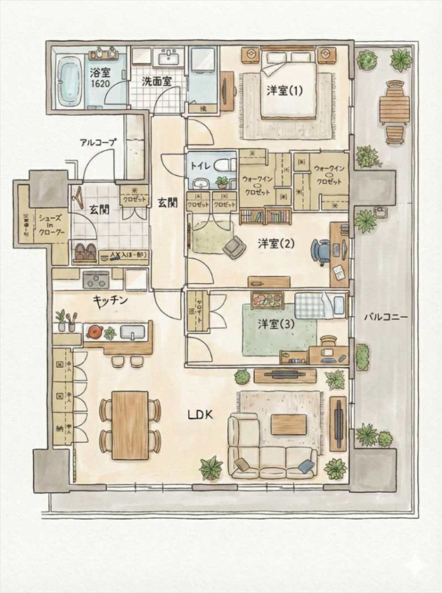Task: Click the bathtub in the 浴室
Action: click(x=71, y=83)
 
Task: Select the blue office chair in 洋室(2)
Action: click(x=320, y=250)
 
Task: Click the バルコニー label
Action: click(x=386, y=317)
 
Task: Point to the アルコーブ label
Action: click(x=98, y=142)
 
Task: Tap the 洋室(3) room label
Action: click(x=272, y=325)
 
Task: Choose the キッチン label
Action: click(x=110, y=300)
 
